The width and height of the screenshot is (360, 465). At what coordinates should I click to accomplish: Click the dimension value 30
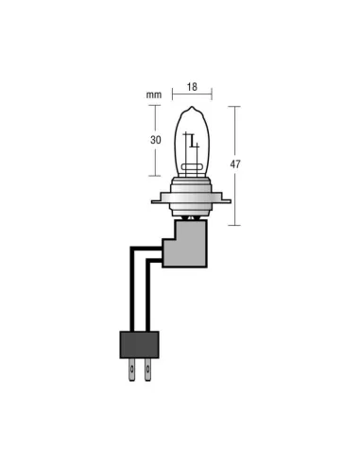click(155, 140)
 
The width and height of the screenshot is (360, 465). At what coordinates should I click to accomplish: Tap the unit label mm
click(155, 95)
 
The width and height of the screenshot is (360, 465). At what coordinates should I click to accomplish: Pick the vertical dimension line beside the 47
click(233, 165)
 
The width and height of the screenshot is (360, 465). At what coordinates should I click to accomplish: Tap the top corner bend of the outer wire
click(129, 247)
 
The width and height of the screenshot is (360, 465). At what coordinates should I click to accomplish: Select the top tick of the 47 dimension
click(233, 107)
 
